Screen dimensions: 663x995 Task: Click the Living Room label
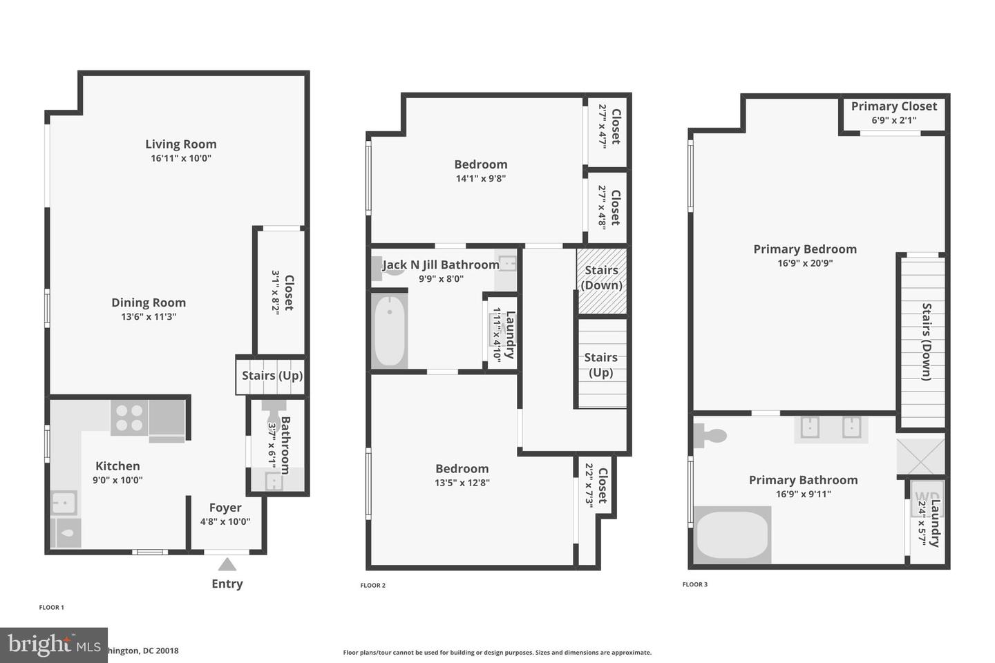[180, 144]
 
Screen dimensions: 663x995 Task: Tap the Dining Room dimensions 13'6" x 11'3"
[149, 317]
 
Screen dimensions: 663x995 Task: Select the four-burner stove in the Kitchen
[129, 418]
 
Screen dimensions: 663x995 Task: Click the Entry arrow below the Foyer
[227, 565]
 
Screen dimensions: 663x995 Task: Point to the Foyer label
[225, 508]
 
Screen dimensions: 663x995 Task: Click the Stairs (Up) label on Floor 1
[272, 376]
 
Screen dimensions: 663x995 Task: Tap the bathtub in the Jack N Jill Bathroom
[389, 331]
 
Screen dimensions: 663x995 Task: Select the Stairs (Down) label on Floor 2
[601, 278]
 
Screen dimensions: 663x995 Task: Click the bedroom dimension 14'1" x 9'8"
[481, 178]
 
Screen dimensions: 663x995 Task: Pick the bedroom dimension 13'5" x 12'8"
[462, 483]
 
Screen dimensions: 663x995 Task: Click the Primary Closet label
[893, 106]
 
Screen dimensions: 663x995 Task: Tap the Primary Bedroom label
[804, 249]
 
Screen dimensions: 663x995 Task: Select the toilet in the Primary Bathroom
[710, 435]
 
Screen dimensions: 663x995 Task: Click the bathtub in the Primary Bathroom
[732, 535]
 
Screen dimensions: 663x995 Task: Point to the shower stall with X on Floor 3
[920, 457]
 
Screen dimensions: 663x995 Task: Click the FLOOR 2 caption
[372, 586]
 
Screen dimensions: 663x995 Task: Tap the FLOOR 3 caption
[694, 584]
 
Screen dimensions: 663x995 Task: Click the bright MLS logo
[53, 645]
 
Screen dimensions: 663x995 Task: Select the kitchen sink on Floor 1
[64, 502]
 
